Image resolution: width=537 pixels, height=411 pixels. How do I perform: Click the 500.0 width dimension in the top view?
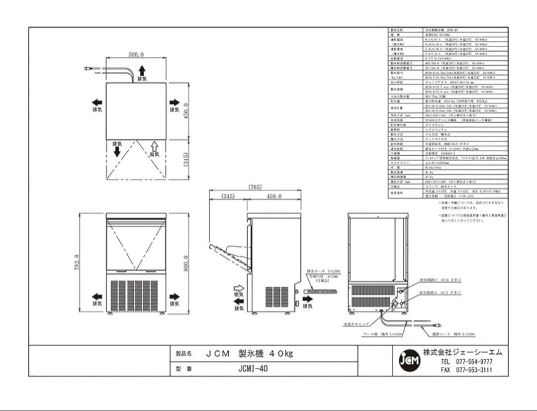pos(136,55)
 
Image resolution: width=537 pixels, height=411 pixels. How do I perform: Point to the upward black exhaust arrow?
pos(142,71)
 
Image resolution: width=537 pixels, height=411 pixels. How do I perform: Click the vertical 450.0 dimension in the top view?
pos(186,111)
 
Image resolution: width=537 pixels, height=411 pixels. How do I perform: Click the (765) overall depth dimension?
pos(255,187)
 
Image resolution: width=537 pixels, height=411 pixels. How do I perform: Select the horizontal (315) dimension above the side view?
pos(228,197)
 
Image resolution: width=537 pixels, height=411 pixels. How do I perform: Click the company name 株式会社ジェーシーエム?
pos(462,352)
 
